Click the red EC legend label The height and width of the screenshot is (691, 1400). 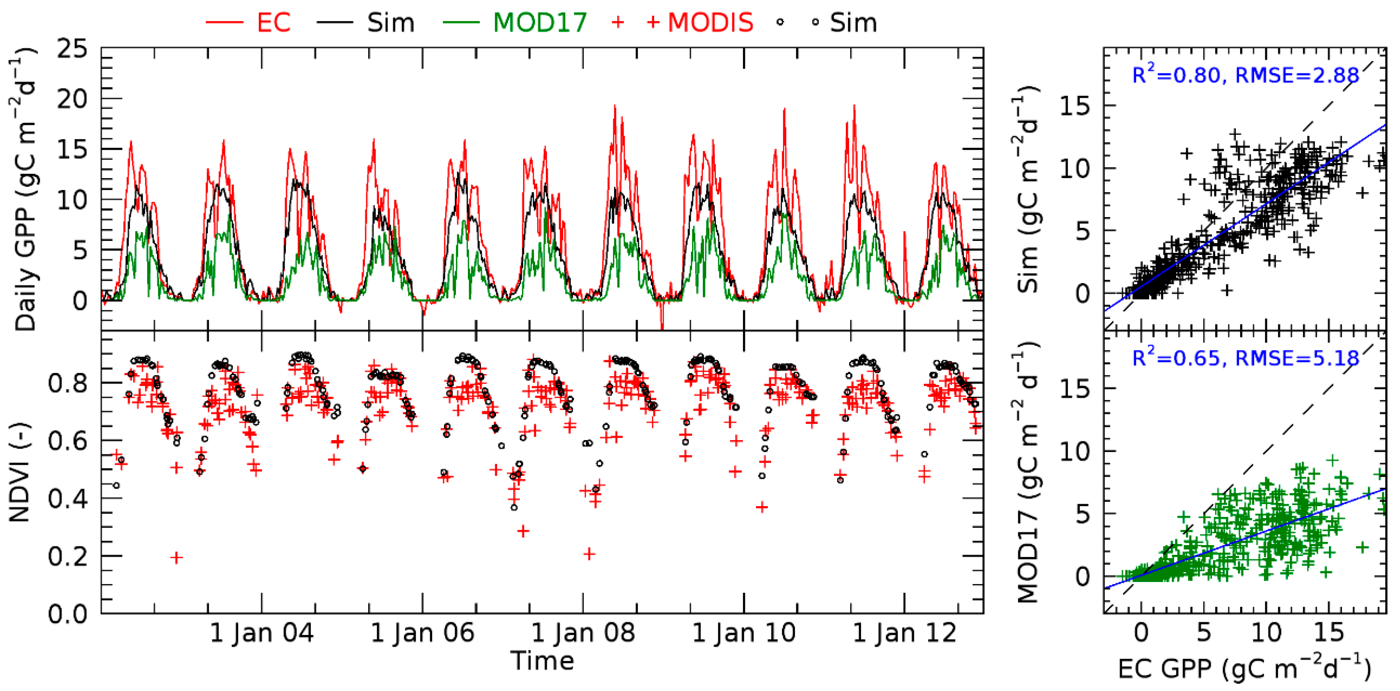click(273, 23)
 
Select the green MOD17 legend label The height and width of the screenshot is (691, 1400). click(540, 23)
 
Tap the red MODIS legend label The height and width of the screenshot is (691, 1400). click(710, 23)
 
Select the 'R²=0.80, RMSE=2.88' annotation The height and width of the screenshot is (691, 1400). click(1245, 75)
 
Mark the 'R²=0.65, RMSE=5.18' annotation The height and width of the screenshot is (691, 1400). click(1245, 358)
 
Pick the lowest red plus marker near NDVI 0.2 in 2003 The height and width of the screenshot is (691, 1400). click(176, 558)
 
